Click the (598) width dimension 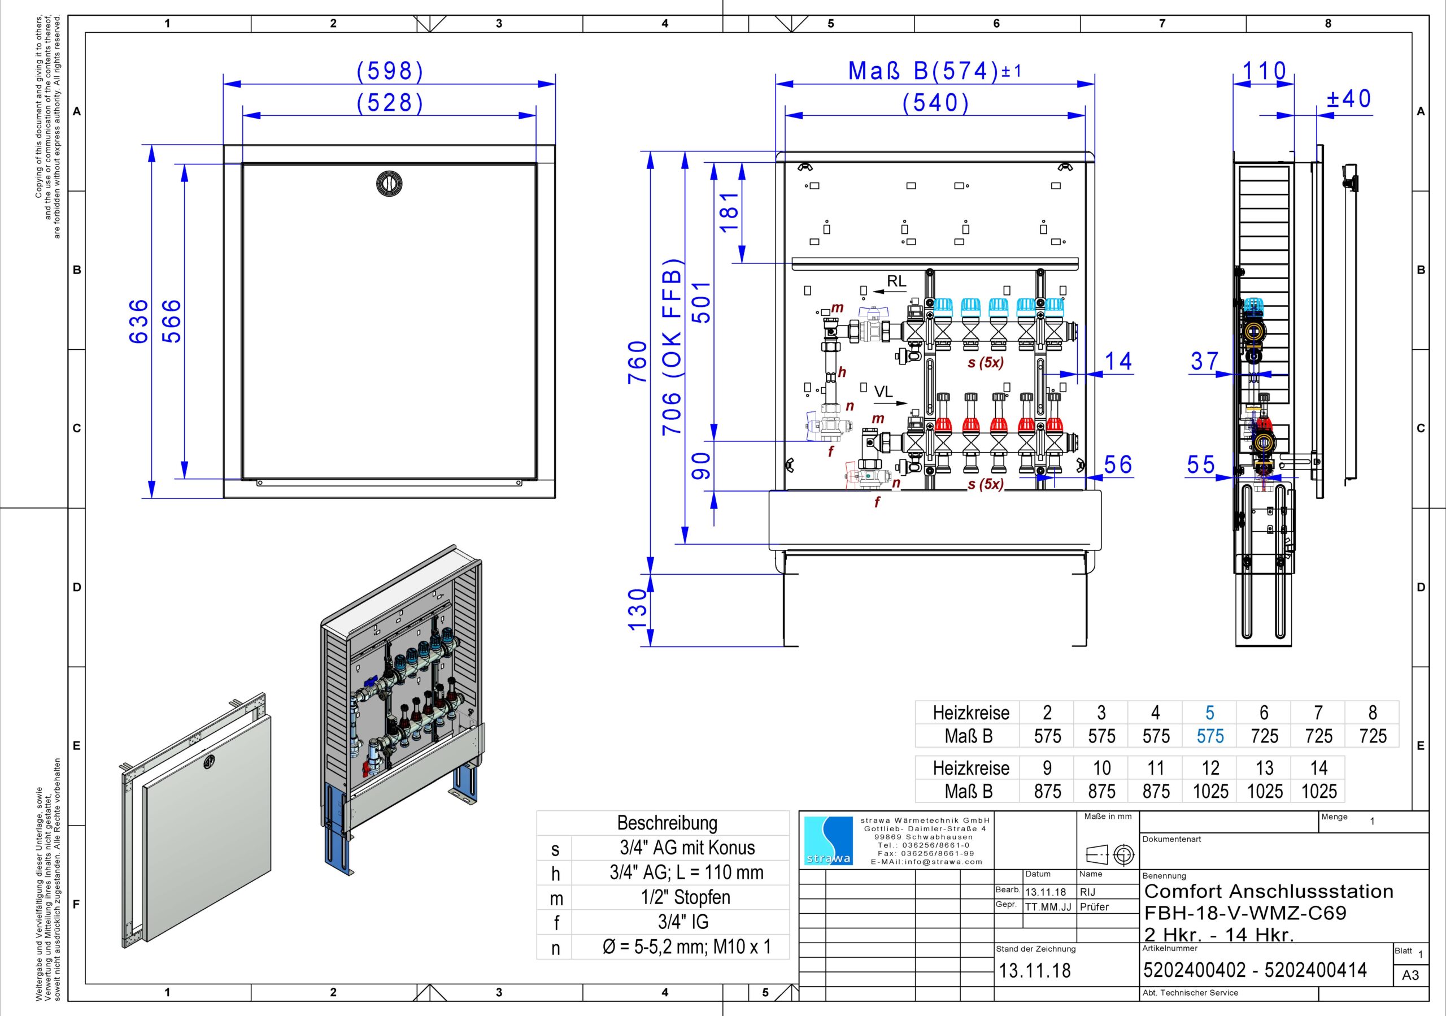coord(390,71)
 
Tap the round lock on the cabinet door coord(389,183)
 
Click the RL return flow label coord(896,281)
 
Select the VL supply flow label coord(883,392)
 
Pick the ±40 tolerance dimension coord(1348,99)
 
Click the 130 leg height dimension coord(637,610)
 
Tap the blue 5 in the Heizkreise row coord(1209,713)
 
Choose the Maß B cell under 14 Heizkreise coord(1319,791)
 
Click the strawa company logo coord(828,841)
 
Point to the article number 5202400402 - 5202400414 coord(1255,970)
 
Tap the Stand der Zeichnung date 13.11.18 coord(1035,971)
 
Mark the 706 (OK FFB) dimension coord(672,346)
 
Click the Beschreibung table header coord(667,823)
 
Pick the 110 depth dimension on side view coord(1264,71)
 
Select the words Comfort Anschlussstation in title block coord(1269,891)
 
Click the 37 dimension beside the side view coord(1204,361)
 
